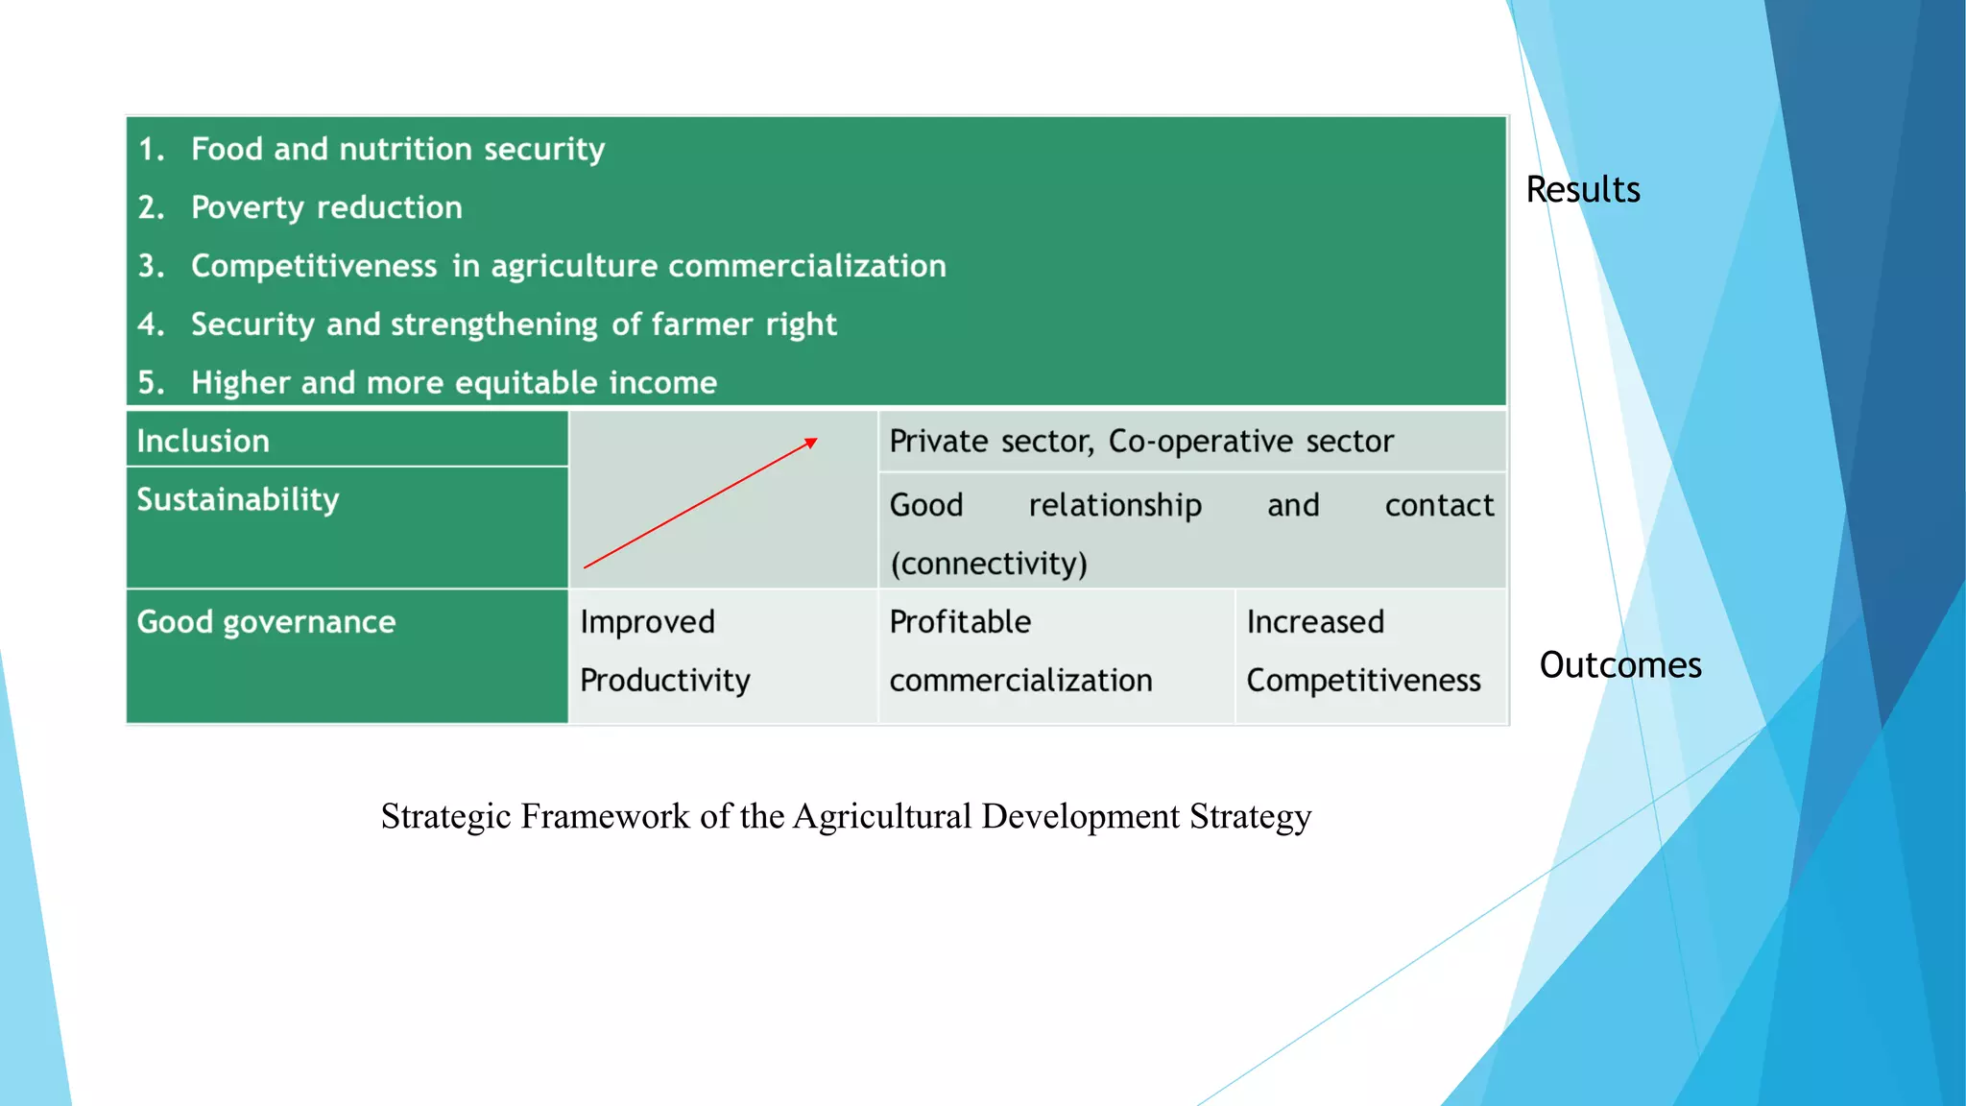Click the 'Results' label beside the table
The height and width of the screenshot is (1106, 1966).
click(1582, 189)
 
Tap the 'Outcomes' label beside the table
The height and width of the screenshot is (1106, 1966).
click(1619, 664)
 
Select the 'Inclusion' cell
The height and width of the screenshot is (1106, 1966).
click(204, 441)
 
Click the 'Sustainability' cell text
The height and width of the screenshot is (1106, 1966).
click(238, 499)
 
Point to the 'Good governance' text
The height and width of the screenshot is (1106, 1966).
click(266, 622)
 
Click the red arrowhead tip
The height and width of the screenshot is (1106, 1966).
click(814, 441)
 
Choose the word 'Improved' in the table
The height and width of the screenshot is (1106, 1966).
click(647, 622)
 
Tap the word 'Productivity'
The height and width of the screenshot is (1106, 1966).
click(664, 680)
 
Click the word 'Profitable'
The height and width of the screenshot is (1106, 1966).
click(960, 622)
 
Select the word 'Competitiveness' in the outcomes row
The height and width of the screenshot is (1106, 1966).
click(1363, 680)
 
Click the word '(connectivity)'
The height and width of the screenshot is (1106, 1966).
click(989, 564)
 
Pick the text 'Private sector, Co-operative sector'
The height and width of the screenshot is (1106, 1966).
click(1140, 441)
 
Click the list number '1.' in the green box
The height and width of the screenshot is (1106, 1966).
click(152, 149)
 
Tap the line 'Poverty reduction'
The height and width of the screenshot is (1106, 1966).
click(326, 207)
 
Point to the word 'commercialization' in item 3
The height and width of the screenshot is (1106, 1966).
click(806, 266)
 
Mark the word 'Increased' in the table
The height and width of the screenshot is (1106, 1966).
click(1315, 622)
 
